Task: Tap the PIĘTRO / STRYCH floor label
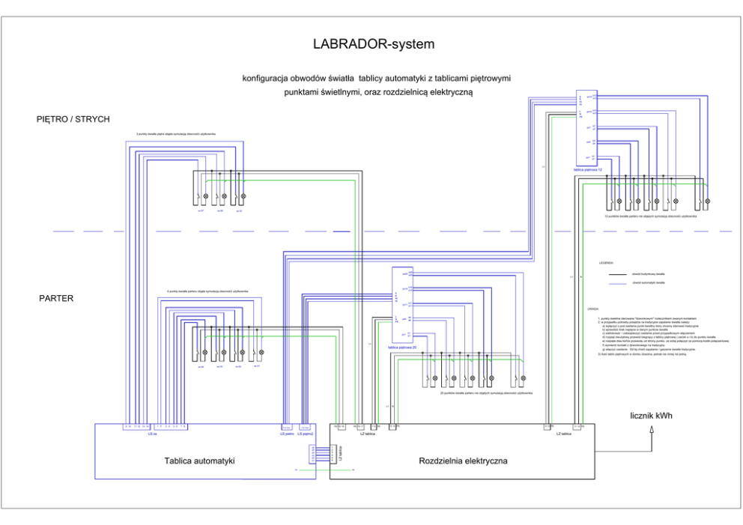coord(73,119)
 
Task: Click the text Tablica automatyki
coord(199,461)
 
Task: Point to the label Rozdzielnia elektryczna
coord(463,461)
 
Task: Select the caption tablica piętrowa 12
coord(588,170)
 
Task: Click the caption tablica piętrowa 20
coord(403,348)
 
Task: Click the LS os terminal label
coord(152,434)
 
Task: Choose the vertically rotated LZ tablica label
coord(340,453)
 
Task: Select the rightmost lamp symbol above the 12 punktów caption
coord(706,201)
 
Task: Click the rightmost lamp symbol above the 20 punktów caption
coord(523,379)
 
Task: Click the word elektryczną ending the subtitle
coord(450,91)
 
